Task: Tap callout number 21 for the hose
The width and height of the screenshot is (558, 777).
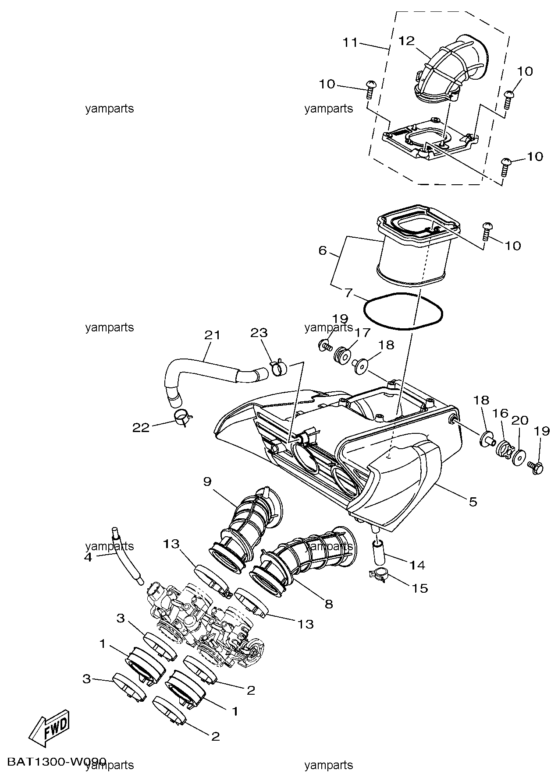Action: pos(212,335)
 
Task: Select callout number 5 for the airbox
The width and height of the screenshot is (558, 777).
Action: pos(473,502)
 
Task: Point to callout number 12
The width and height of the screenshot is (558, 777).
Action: pos(406,41)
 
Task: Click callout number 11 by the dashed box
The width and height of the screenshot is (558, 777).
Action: pos(351,43)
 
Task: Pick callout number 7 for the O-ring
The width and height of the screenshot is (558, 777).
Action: pos(348,293)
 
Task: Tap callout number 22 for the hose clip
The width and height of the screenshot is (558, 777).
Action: pos(141,428)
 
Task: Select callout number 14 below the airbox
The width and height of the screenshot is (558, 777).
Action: pos(417,566)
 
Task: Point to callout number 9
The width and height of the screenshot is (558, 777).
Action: pos(207,482)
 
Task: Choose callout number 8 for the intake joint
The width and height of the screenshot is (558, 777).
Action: pos(328,605)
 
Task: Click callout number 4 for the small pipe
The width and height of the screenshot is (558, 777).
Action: pos(88,558)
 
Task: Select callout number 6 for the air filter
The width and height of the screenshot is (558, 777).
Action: pos(323,251)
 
